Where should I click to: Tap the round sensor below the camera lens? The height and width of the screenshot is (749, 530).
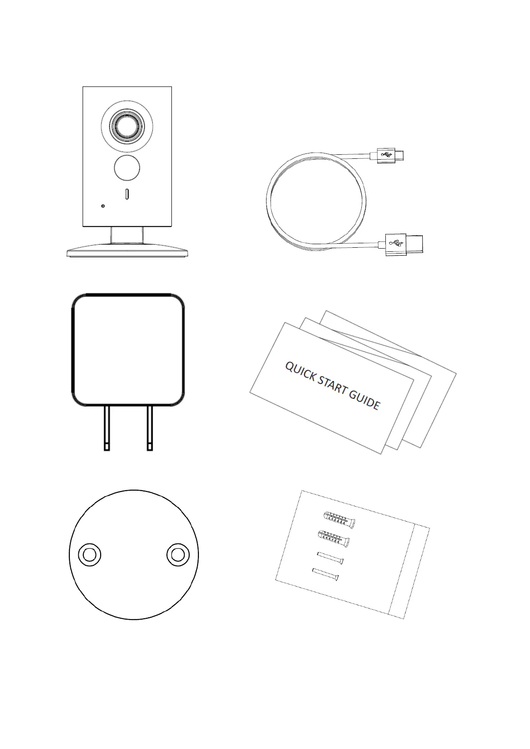pyautogui.click(x=127, y=168)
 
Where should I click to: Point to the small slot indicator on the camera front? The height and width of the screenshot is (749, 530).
pyautogui.click(x=127, y=194)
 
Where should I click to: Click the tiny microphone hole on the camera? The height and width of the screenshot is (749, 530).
pyautogui.click(x=103, y=206)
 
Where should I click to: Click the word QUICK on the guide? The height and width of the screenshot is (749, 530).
pyautogui.click(x=301, y=373)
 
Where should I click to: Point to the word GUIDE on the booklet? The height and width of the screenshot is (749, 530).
pyautogui.click(x=364, y=400)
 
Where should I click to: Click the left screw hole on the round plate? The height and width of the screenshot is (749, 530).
pyautogui.click(x=89, y=554)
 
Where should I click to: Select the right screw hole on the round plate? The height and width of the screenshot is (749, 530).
pyautogui.click(x=178, y=554)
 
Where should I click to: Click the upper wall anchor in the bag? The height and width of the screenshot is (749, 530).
pyautogui.click(x=339, y=519)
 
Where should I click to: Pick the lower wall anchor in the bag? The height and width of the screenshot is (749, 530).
pyautogui.click(x=334, y=538)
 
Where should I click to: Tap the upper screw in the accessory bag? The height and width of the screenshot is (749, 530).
pyautogui.click(x=330, y=558)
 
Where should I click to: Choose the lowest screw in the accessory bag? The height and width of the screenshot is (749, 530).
pyautogui.click(x=325, y=574)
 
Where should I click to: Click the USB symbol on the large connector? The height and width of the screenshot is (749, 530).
pyautogui.click(x=394, y=243)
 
